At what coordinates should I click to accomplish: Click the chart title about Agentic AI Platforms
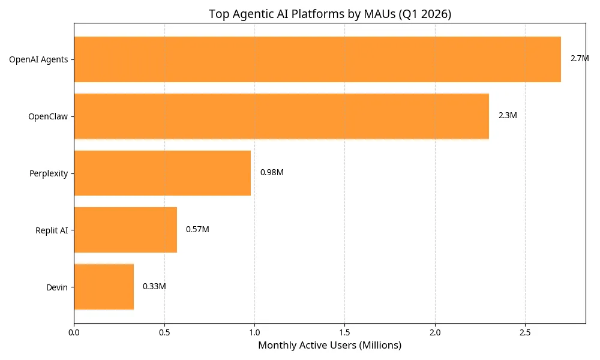pos(329,14)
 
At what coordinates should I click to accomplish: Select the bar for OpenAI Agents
pos(317,59)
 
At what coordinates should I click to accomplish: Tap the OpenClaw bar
pos(281,116)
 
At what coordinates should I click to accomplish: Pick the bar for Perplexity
pos(162,173)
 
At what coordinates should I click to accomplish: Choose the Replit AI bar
pos(125,230)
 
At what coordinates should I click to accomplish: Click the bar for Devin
pos(103,287)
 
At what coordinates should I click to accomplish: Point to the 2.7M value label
pos(579,59)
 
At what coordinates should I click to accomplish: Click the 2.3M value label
pos(507,116)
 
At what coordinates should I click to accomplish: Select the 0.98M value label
pos(271,173)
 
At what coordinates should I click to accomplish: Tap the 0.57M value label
pos(197,230)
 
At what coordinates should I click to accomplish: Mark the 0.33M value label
pos(154,287)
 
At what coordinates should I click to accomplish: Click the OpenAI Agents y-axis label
pos(38,59)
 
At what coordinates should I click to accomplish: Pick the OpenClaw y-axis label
pos(47,116)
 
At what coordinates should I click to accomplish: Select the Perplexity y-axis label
pos(48,174)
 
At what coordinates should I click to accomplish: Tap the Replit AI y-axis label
pos(52,230)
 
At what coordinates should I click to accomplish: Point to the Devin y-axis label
pos(56,287)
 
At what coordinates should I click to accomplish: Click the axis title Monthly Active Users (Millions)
pos(329,346)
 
